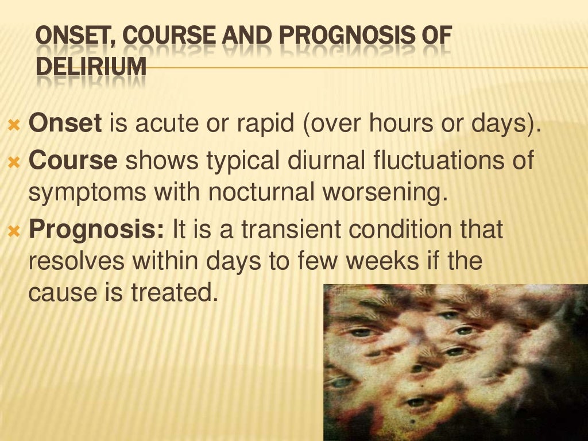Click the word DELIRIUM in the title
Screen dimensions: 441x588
click(x=91, y=67)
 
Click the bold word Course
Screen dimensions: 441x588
click(x=73, y=161)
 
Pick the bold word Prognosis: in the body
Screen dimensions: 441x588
click(x=97, y=231)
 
